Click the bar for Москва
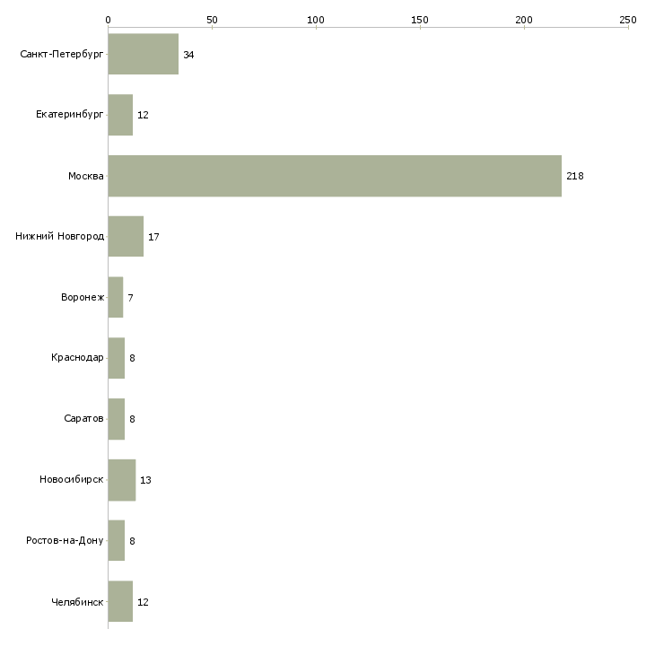tap(335, 176)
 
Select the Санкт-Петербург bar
tap(143, 55)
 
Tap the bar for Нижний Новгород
tap(126, 237)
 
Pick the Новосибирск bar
tap(121, 480)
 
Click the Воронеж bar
tap(115, 298)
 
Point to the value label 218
tap(575, 176)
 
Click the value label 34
tap(188, 55)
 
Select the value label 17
tap(153, 237)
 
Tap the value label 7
tap(130, 298)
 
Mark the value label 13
tap(145, 480)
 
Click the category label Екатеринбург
tap(70, 116)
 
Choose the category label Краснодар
tap(77, 358)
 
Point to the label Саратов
tap(83, 419)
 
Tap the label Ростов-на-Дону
tap(65, 541)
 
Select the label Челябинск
tap(78, 602)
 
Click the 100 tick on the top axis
tap(316, 19)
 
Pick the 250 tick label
tap(627, 19)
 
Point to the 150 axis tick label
tap(420, 19)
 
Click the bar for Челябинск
tap(120, 602)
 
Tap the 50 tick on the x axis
tap(212, 19)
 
